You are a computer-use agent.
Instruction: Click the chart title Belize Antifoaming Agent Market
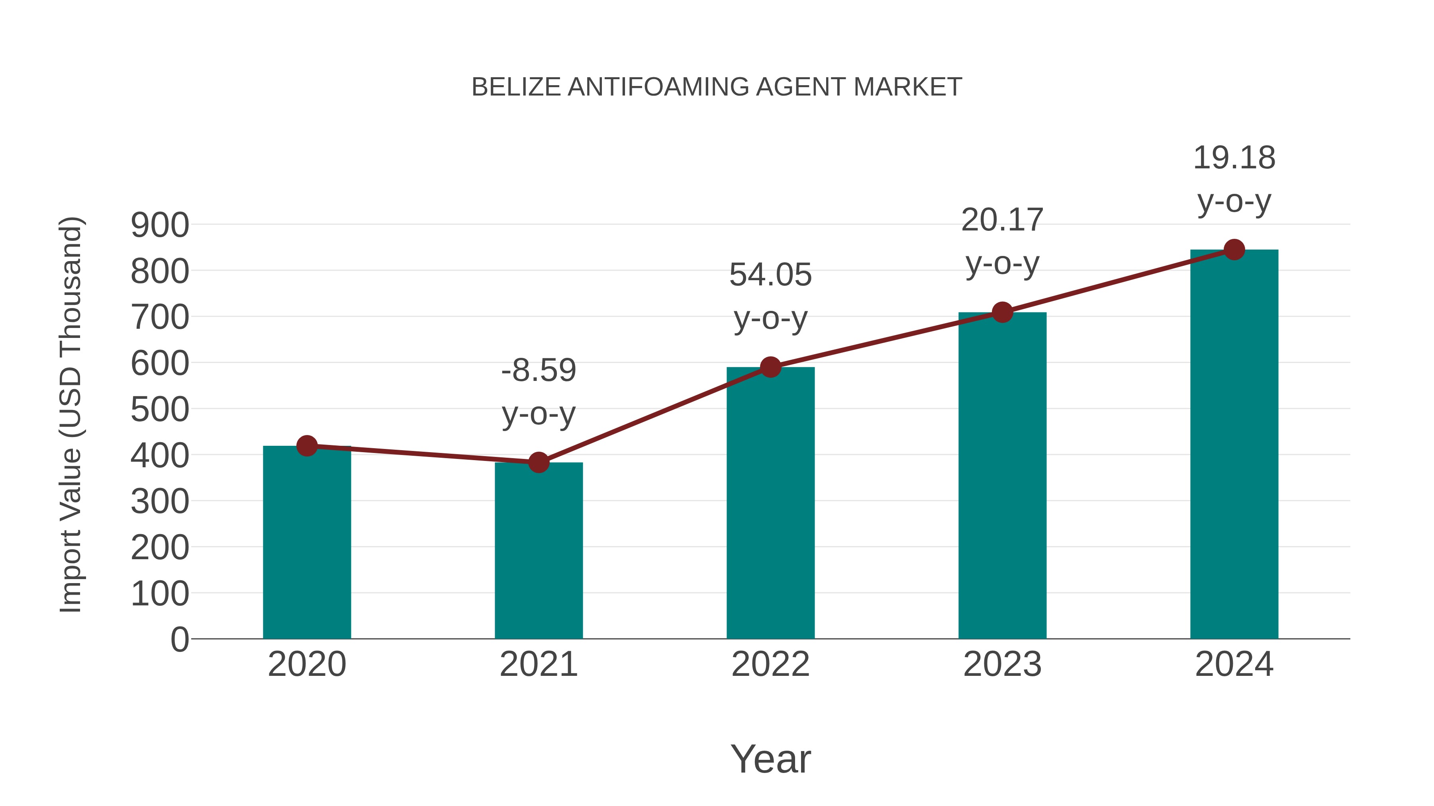coord(717,87)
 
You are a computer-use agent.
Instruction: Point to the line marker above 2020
coord(307,445)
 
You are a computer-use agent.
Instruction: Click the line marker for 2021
coord(538,462)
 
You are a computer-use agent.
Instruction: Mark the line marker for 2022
coord(770,367)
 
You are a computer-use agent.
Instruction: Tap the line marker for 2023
coord(1002,312)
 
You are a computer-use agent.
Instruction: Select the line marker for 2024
coord(1234,250)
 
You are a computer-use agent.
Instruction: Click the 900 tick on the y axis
coord(160,225)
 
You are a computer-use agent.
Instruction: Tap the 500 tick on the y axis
coord(160,410)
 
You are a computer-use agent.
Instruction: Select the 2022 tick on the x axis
coord(770,664)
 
